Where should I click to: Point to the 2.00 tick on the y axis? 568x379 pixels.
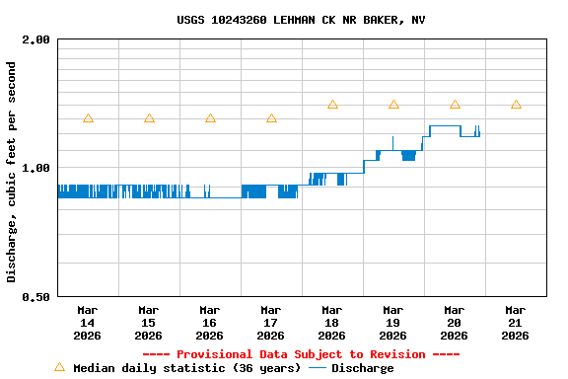pyautogui.click(x=36, y=40)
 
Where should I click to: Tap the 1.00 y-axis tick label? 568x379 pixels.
pyautogui.click(x=36, y=168)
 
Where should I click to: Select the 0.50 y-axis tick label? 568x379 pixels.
pyautogui.click(x=36, y=296)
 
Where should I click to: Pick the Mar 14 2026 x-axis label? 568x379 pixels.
pyautogui.click(x=87, y=322)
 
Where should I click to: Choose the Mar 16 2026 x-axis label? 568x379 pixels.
pyautogui.click(x=209, y=322)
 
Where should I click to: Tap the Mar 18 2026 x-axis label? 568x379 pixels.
pyautogui.click(x=331, y=322)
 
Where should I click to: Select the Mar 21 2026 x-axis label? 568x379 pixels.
pyautogui.click(x=515, y=322)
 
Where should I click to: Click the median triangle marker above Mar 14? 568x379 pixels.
pyautogui.click(x=88, y=118)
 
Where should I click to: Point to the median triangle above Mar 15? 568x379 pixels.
pyautogui.click(x=149, y=118)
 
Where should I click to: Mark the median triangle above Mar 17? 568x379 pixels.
pyautogui.click(x=271, y=118)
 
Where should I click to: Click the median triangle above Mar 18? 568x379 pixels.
pyautogui.click(x=332, y=105)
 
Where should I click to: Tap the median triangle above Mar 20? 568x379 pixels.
pyautogui.click(x=455, y=105)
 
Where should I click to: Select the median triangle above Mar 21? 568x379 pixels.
pyautogui.click(x=516, y=105)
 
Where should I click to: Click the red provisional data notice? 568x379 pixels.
pyautogui.click(x=301, y=354)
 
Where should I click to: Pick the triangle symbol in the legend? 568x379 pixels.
pyautogui.click(x=59, y=367)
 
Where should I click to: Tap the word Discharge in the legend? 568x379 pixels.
pyautogui.click(x=362, y=368)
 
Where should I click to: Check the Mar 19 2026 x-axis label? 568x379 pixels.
pyautogui.click(x=392, y=322)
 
